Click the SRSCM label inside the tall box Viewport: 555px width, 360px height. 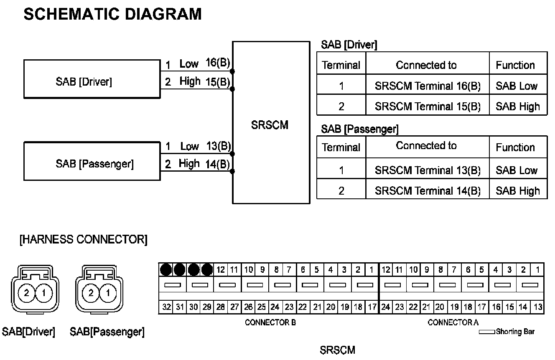[270, 125]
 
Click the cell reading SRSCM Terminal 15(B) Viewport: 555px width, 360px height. [428, 106]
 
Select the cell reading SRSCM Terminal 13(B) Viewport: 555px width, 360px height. [428, 170]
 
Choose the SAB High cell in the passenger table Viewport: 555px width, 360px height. [518, 191]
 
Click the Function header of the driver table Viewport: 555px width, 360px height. [515, 65]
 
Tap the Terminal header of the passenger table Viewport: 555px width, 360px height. [341, 147]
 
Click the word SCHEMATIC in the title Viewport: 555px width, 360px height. [66, 14]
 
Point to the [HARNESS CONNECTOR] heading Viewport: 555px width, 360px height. [83, 240]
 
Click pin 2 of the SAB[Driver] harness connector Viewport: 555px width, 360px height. [27, 293]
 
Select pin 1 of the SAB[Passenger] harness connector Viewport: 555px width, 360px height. [108, 293]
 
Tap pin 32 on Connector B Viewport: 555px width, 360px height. [166, 307]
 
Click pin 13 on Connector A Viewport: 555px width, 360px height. [538, 307]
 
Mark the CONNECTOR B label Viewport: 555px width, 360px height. [270, 322]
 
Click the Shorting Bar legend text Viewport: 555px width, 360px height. [515, 332]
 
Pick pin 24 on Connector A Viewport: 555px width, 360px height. [386, 307]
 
